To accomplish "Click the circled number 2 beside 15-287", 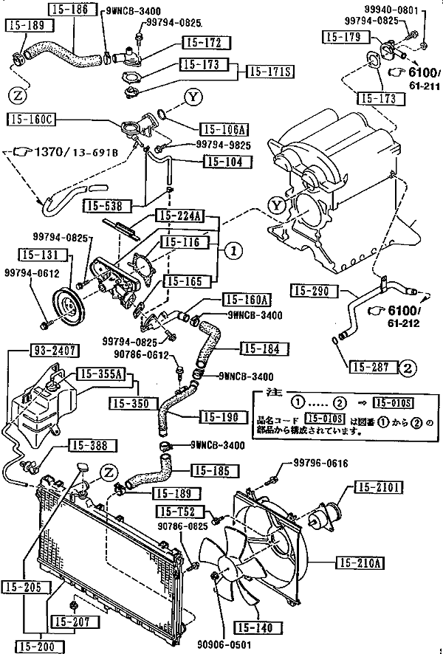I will tap(408, 366).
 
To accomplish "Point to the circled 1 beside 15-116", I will tap(233, 251).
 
